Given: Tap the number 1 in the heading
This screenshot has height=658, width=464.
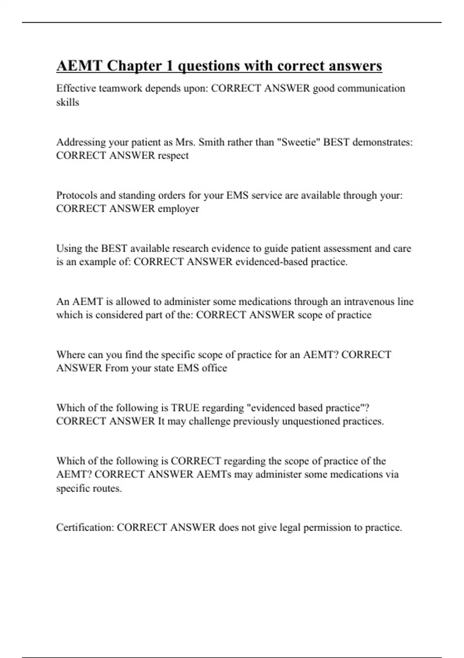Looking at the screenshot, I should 169,66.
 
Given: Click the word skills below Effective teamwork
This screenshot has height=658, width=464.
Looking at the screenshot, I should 68,102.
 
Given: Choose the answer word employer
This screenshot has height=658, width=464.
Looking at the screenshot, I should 178,209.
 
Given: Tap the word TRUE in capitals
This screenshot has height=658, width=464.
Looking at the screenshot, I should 185,408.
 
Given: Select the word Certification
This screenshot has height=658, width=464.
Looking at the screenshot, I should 85,527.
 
